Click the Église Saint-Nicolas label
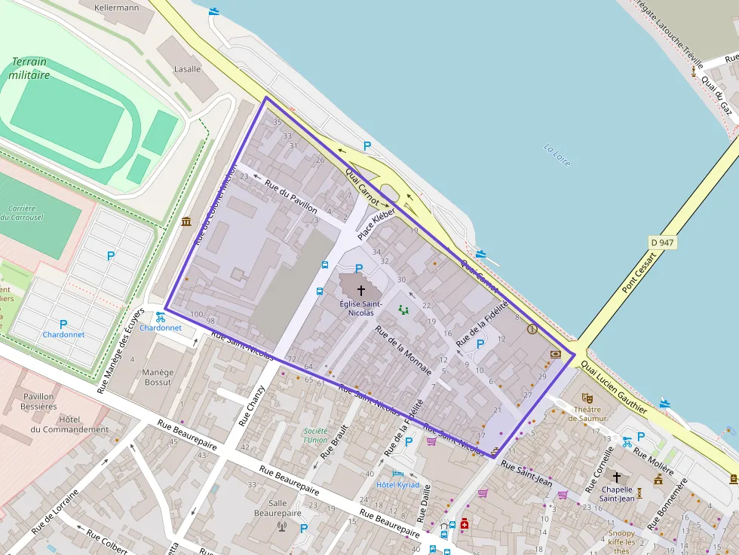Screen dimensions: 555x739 (x=360, y=308)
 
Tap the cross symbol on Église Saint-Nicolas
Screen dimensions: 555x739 (x=360, y=290)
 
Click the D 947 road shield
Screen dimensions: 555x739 (x=662, y=242)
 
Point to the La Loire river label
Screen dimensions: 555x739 (x=557, y=154)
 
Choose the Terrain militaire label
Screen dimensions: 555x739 (x=29, y=69)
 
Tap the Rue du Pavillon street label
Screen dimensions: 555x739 (x=291, y=198)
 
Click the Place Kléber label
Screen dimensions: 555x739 (x=376, y=224)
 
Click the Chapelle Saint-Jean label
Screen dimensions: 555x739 (x=617, y=493)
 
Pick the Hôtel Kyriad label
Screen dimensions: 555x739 (x=397, y=484)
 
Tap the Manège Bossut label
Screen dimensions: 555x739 (x=158, y=377)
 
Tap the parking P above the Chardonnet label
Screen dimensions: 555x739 (x=63, y=325)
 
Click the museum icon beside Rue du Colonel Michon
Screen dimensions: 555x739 (x=186, y=221)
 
